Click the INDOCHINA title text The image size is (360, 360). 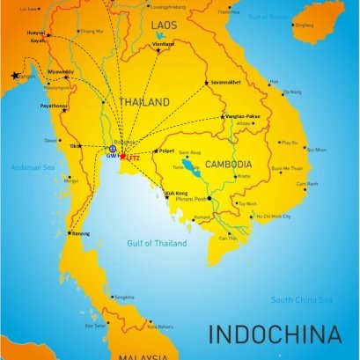point(274,334)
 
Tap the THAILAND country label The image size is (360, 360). point(144,103)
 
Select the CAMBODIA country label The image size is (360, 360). point(228,165)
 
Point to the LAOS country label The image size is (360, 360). point(165,26)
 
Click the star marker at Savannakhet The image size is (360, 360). point(208,83)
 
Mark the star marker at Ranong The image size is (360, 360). point(69,233)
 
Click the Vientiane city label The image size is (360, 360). point(163,43)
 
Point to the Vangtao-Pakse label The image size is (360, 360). point(242,116)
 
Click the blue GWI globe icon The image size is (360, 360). point(112,150)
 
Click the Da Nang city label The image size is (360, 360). point(290,92)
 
